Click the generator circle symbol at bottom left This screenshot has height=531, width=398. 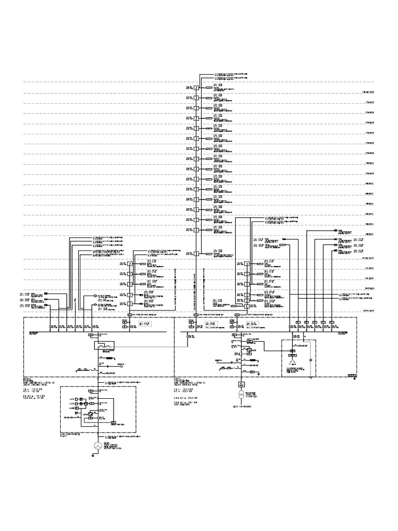tap(96, 446)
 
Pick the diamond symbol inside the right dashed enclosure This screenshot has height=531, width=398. tap(310, 360)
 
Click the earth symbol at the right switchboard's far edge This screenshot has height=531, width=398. tap(353, 377)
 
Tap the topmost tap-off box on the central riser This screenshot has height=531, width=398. tap(196, 87)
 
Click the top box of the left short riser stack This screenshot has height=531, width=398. tap(130, 264)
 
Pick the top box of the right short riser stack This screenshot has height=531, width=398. tap(247, 264)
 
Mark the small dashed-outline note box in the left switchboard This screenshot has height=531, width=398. tap(145, 324)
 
